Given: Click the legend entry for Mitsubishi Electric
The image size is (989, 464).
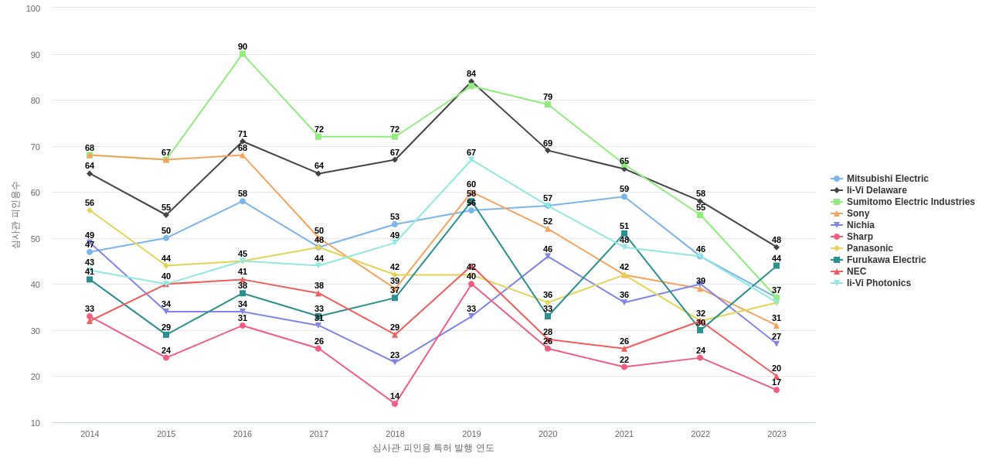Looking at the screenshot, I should coord(887,179).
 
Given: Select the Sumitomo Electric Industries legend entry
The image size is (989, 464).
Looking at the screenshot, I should coord(910,202).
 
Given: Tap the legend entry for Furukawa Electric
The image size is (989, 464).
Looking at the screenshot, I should coord(885,260).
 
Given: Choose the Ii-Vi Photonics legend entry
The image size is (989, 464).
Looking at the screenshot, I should coord(878,283).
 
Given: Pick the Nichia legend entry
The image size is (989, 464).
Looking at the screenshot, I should coord(860,225).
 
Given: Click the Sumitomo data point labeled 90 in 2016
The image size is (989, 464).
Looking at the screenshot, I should coord(243,54).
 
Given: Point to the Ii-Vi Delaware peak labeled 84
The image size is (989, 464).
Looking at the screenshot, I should coord(471,81).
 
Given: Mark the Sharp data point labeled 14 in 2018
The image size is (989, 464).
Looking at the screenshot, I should coord(395,404).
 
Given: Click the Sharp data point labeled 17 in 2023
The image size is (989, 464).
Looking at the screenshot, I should coord(777,390).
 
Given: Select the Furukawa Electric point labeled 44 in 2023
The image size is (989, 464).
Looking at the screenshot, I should coord(777,266).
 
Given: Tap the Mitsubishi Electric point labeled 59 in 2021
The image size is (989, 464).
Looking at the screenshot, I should coord(624,196).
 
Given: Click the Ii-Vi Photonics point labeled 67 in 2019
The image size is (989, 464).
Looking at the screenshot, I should coord(471,160).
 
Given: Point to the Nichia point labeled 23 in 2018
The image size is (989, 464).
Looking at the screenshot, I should coord(395,362).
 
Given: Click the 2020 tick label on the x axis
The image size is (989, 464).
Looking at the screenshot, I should coord(548,434).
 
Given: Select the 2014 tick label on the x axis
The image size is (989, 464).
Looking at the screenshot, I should coord(90,434).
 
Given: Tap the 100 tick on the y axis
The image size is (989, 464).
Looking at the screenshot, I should coord(33,9).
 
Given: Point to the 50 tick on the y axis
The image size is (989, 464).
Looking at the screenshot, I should coord(36,239).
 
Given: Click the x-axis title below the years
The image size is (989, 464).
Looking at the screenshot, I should coord(433,448).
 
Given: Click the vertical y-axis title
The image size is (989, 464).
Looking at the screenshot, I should coord(15,215).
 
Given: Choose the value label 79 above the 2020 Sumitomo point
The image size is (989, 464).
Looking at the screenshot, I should coord(548,97).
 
